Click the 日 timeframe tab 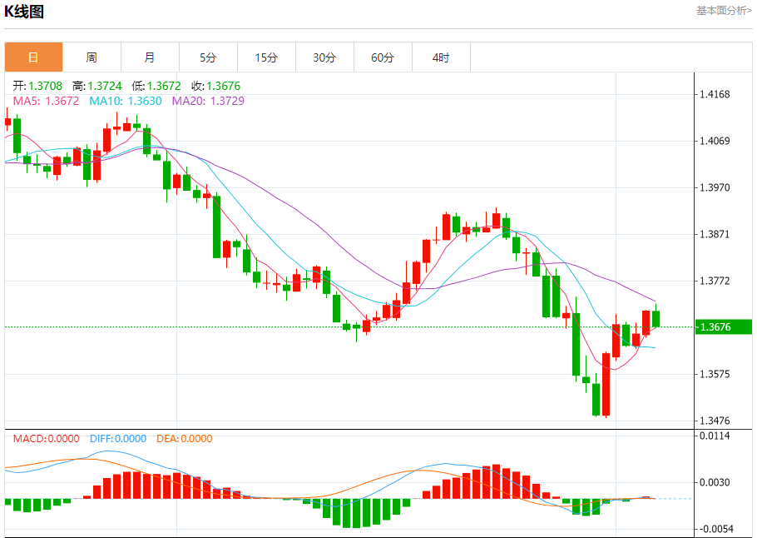tap(33, 57)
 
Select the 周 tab tap(92, 57)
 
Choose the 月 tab tap(150, 57)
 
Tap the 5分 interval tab tap(208, 57)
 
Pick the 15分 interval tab tap(266, 57)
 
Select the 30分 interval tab tap(324, 57)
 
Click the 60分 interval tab tap(383, 57)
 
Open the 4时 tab tap(441, 57)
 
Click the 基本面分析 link tap(724, 10)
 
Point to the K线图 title tap(24, 12)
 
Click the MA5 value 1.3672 tap(62, 101)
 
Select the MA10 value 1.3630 tap(145, 101)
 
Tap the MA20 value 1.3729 tap(227, 101)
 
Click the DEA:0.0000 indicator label tap(184, 438)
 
